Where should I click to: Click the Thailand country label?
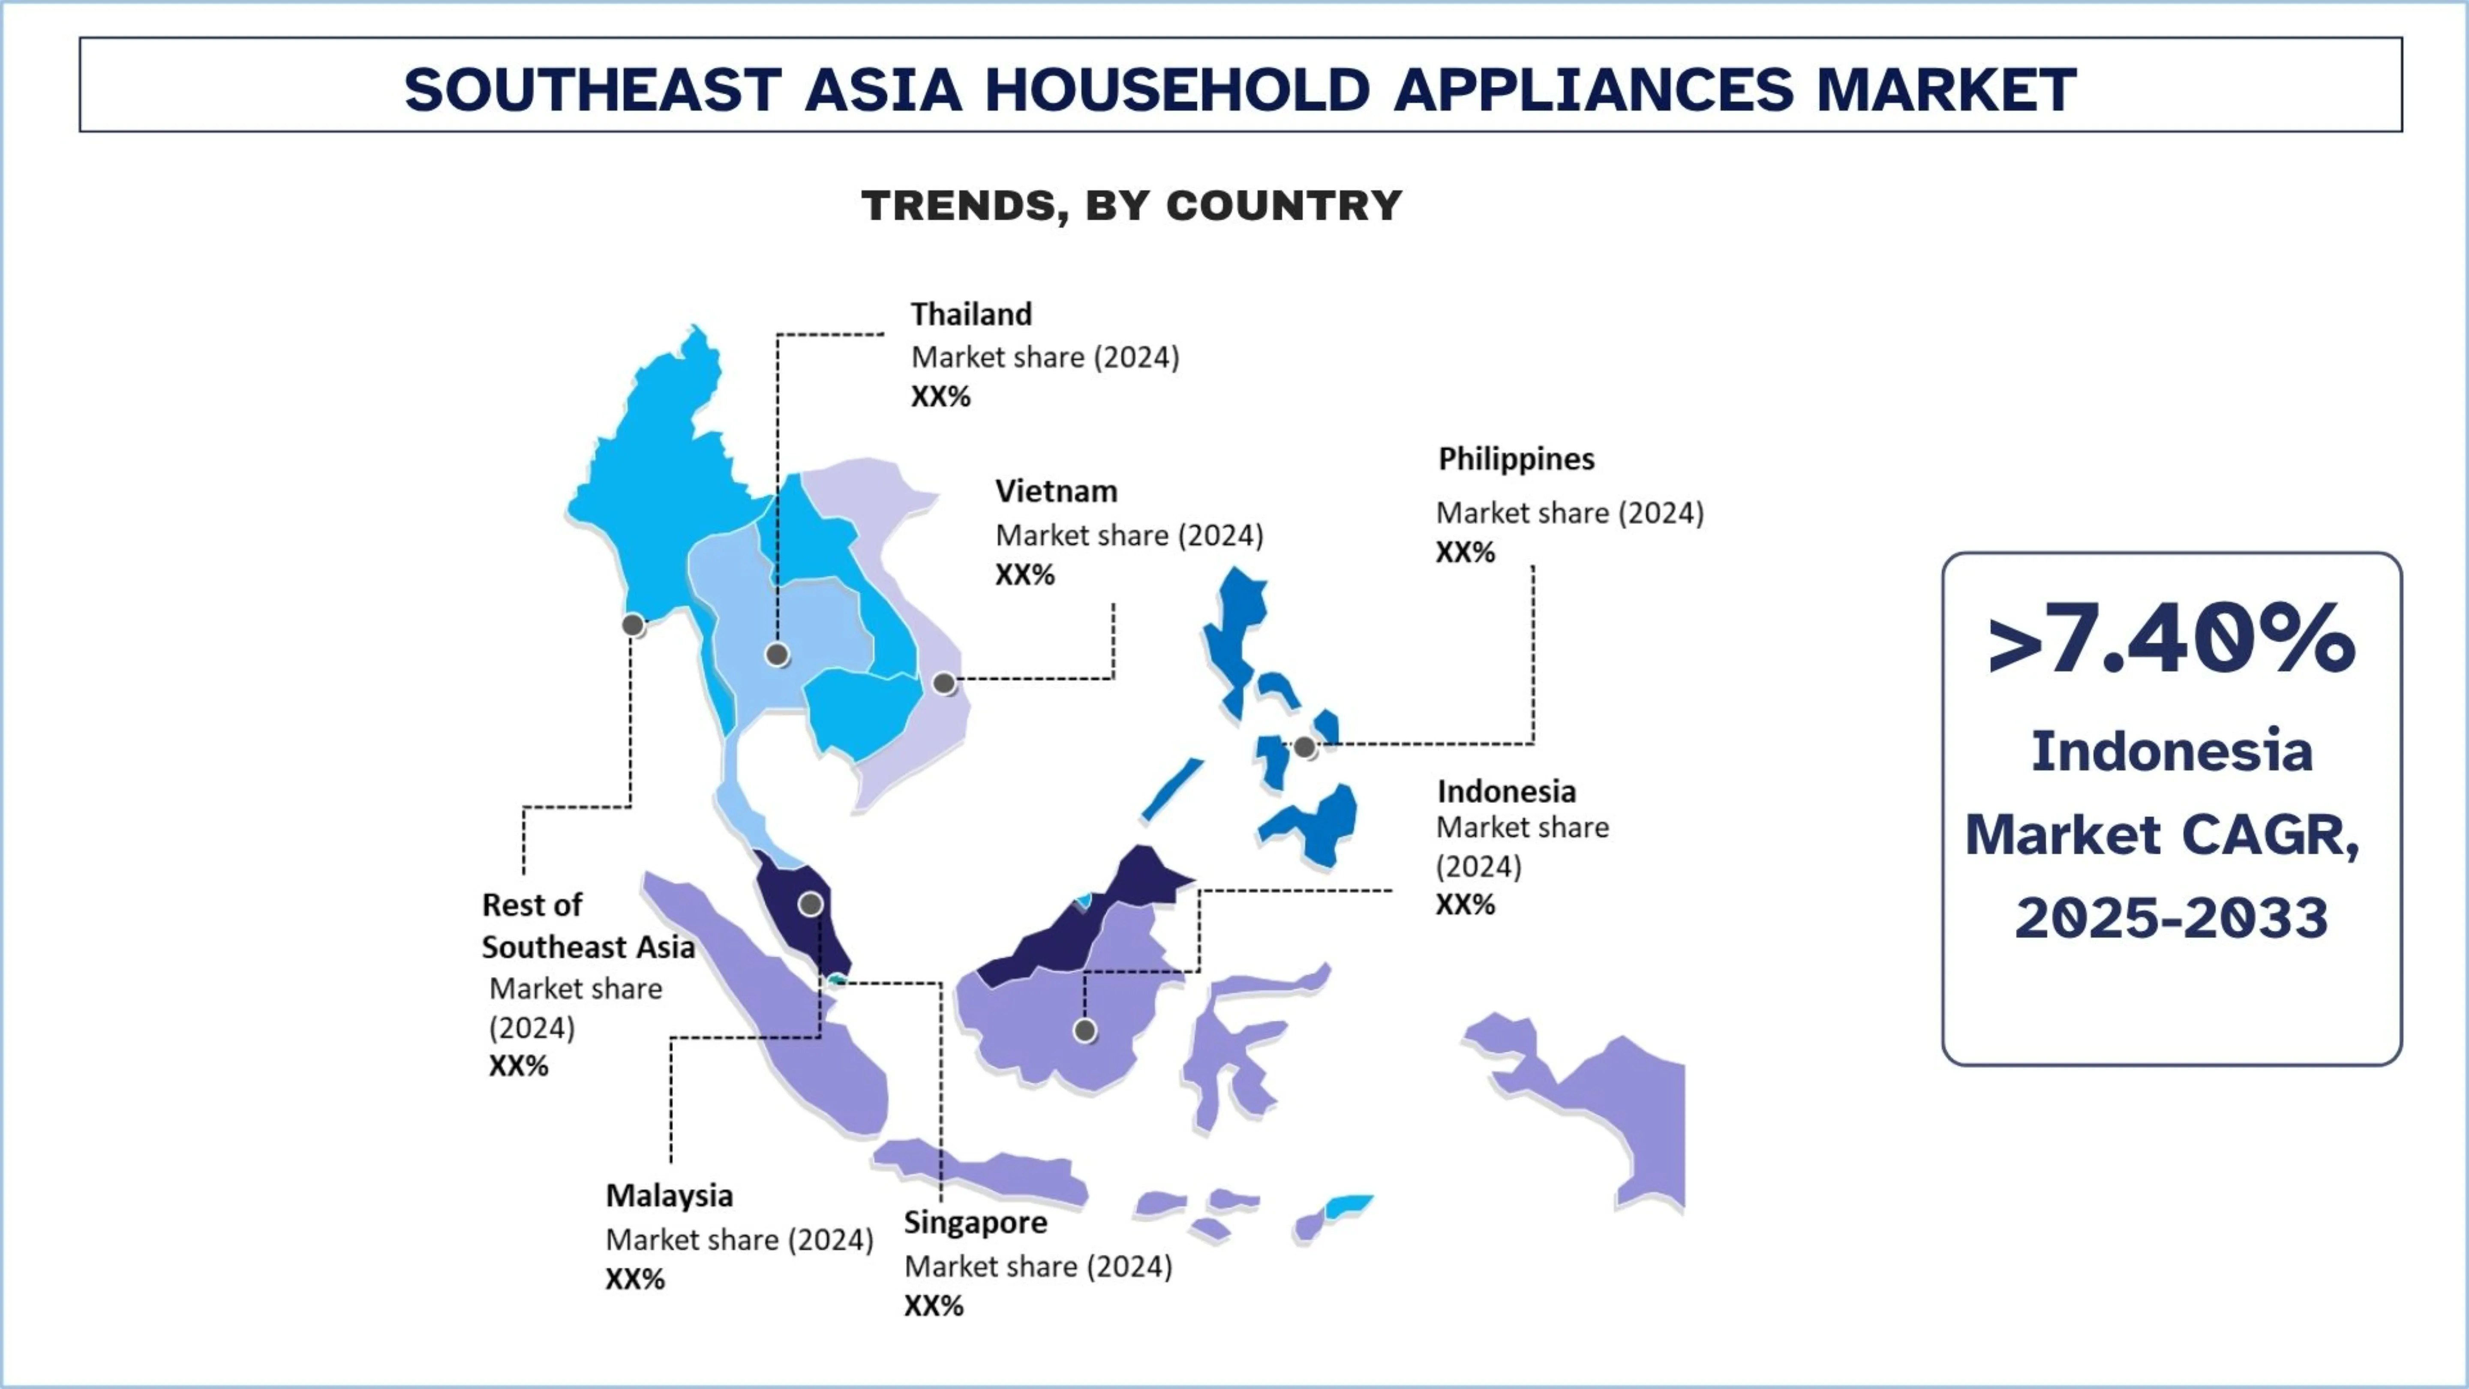971,314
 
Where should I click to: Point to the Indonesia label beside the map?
1506,792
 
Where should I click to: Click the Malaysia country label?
669,1197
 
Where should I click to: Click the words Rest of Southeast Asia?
588,926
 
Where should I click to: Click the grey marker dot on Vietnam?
944,683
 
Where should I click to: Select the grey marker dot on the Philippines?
1304,747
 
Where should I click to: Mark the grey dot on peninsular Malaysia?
811,904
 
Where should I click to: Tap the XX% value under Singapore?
934,1305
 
